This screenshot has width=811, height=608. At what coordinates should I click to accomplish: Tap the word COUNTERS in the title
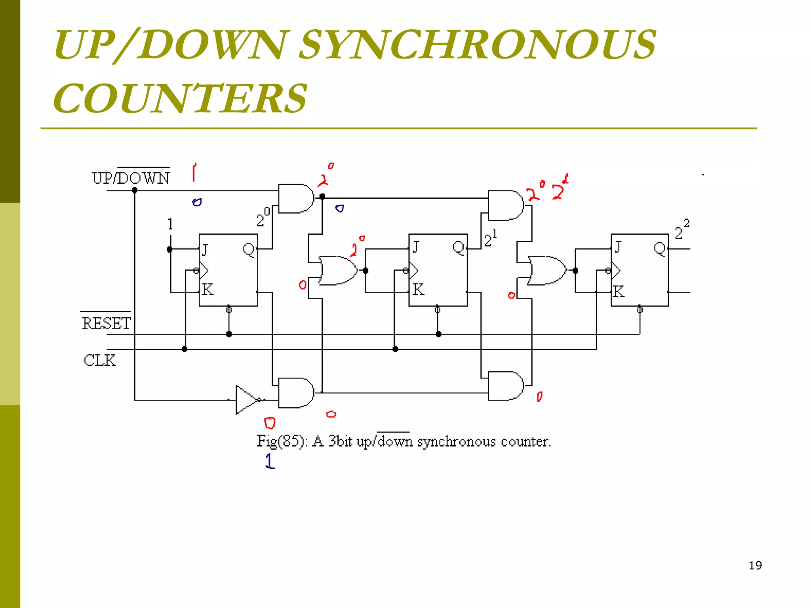click(x=180, y=98)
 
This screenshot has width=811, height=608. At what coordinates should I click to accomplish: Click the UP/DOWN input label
click(x=131, y=178)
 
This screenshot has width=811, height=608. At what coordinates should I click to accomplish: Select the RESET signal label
click(x=106, y=323)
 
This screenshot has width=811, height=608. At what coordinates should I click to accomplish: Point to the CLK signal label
click(x=100, y=360)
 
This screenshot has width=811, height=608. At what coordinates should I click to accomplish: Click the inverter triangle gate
click(x=246, y=399)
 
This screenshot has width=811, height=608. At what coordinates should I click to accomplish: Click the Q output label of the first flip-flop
click(x=249, y=250)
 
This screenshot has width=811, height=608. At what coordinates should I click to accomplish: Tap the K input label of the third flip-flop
click(x=619, y=292)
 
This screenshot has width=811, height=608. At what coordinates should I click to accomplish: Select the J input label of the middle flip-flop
click(x=415, y=247)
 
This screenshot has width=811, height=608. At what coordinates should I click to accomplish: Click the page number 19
click(x=755, y=565)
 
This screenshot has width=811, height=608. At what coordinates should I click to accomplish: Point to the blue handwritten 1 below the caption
click(x=270, y=461)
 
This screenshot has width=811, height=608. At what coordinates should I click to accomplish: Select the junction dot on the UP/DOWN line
click(x=135, y=190)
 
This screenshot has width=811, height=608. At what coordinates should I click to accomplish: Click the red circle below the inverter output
click(x=270, y=423)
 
